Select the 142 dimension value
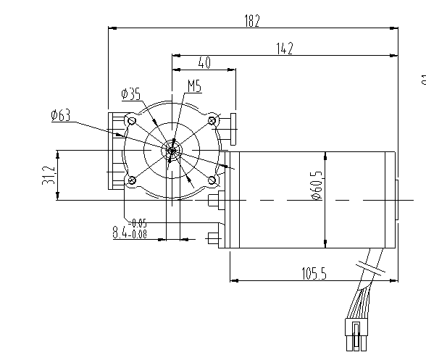[x=284, y=49]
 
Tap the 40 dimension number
[x=204, y=64]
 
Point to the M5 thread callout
[x=194, y=87]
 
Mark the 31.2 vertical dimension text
[x=49, y=175]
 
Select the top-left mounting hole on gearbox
[x=131, y=121]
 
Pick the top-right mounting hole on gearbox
[x=212, y=120]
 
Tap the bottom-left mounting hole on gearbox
[x=131, y=180]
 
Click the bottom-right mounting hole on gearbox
[x=212, y=180]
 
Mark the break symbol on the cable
[x=375, y=269]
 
